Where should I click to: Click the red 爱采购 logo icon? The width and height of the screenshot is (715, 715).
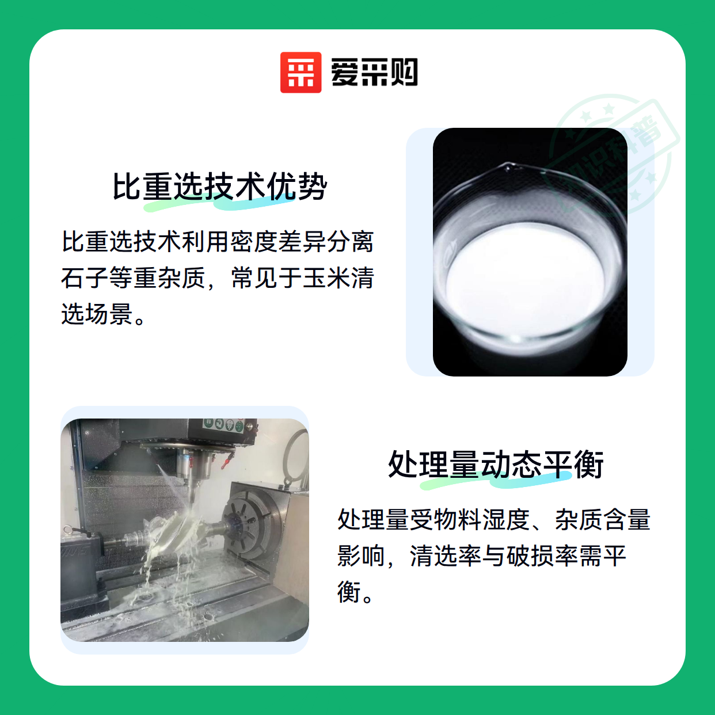pyautogui.click(x=301, y=73)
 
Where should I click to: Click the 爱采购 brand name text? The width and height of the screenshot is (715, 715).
pyautogui.click(x=374, y=73)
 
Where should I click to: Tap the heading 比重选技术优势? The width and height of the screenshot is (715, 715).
pyautogui.click(x=220, y=187)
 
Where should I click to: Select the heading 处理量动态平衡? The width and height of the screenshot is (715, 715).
pyautogui.click(x=496, y=465)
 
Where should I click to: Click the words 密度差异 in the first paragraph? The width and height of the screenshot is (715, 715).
pyautogui.click(x=278, y=242)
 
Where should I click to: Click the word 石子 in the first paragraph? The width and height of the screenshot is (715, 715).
pyautogui.click(x=85, y=278)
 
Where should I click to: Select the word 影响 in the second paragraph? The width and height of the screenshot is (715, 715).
pyautogui.click(x=361, y=556)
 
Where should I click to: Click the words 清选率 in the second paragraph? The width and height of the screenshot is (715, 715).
pyautogui.click(x=445, y=556)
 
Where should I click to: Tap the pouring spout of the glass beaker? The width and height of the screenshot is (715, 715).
pyautogui.click(x=507, y=168)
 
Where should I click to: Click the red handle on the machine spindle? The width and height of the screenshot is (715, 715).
pyautogui.click(x=225, y=461)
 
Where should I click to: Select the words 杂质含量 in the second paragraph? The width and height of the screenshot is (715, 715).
pyautogui.click(x=602, y=519)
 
